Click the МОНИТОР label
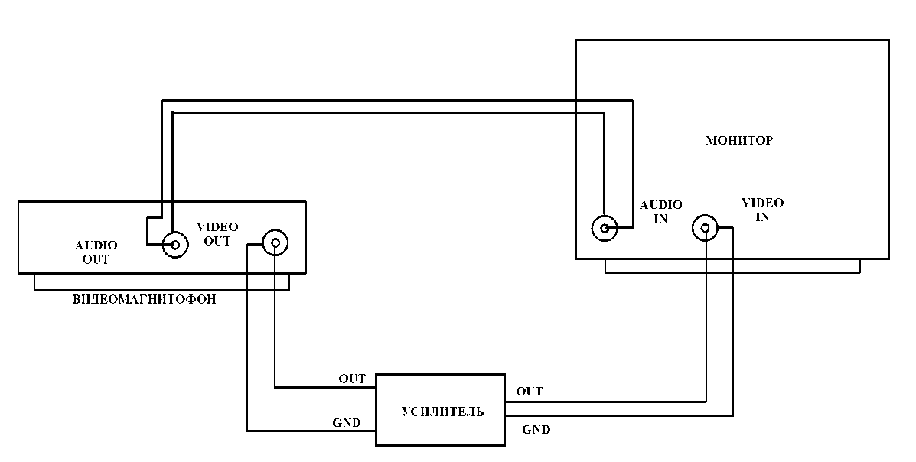point(739,140)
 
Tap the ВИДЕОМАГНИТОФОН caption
point(145,300)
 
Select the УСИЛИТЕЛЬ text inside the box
point(442,412)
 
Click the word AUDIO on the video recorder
point(96,246)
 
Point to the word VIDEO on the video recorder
point(217,226)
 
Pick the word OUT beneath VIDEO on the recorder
point(217,241)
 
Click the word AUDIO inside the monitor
point(660,205)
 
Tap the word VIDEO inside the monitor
point(762,203)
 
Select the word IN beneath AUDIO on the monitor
point(660,219)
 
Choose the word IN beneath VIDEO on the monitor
point(762,217)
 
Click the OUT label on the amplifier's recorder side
point(352,379)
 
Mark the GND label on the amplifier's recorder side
point(347,423)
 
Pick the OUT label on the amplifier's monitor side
point(530,392)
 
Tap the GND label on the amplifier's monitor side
point(536,430)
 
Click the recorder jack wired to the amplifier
point(275,242)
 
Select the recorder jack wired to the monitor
point(174,244)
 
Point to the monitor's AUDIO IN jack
point(605,228)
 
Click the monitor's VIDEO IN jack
point(705,227)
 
